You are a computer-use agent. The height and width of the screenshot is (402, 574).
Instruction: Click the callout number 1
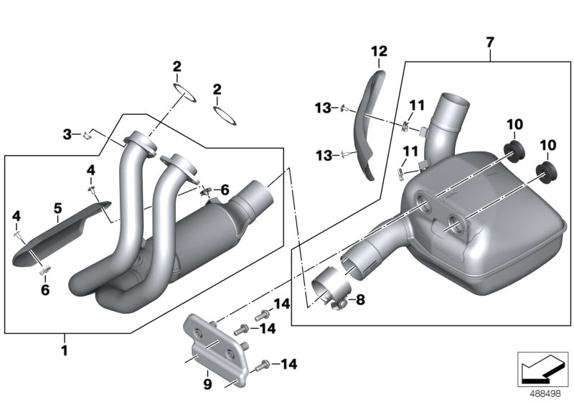65,351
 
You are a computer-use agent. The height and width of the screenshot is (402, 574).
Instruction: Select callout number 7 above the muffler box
489,43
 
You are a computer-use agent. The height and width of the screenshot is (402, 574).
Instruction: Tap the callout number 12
379,51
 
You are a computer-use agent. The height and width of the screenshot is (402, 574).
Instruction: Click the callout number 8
360,300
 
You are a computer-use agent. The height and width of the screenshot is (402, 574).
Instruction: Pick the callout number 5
57,210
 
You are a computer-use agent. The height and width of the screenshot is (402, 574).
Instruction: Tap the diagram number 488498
545,393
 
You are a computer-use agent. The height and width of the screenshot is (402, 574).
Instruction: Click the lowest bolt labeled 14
265,364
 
